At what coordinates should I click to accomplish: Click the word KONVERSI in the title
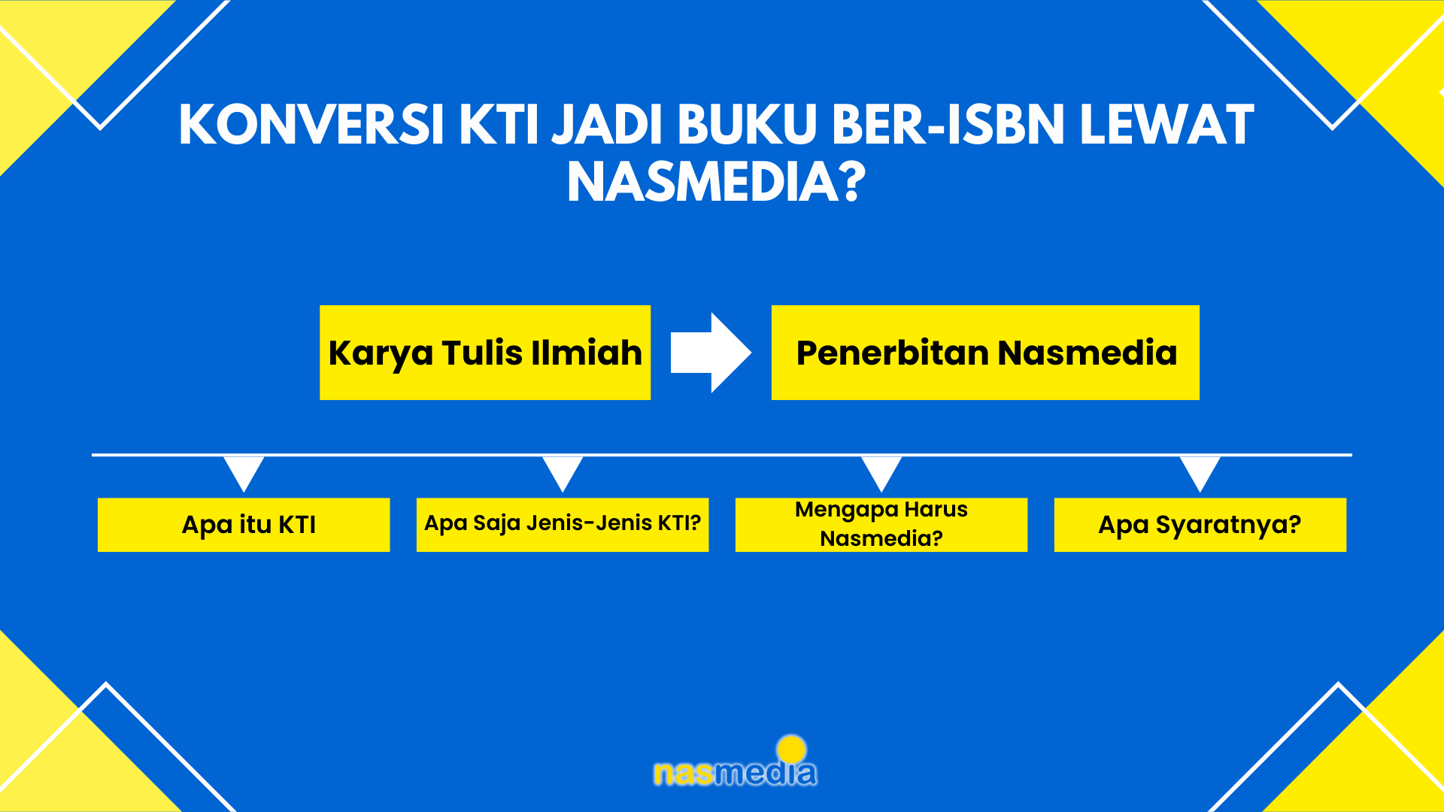(x=312, y=124)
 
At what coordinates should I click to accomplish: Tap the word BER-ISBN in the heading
(x=948, y=124)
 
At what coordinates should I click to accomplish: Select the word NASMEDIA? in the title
(x=716, y=182)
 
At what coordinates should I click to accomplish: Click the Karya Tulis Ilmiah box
(x=485, y=353)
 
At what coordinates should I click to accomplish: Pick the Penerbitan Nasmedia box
(x=985, y=353)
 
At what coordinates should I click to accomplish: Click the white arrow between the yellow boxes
(x=711, y=353)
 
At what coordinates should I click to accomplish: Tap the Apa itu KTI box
(x=244, y=525)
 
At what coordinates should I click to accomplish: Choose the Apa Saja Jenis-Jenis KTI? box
(x=563, y=525)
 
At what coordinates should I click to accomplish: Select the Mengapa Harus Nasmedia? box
(x=881, y=525)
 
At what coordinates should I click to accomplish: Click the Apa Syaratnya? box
(x=1200, y=525)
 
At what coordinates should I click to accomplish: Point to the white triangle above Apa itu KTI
(x=244, y=471)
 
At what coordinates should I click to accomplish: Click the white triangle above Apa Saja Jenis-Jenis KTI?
(x=563, y=471)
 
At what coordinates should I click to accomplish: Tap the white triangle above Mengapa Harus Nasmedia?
(x=881, y=471)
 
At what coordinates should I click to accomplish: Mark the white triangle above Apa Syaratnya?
(x=1200, y=471)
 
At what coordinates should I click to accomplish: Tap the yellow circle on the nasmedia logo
(x=791, y=750)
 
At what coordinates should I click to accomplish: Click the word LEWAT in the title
(x=1167, y=124)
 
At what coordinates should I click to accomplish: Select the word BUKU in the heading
(x=748, y=124)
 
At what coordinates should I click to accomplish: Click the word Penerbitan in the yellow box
(x=892, y=353)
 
